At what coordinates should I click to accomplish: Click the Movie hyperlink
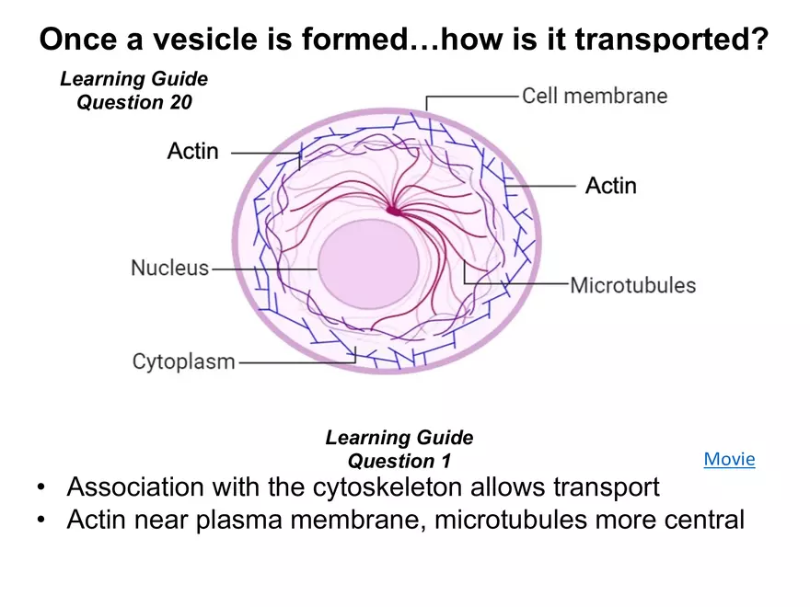tap(729, 459)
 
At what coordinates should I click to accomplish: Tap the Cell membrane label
tap(595, 96)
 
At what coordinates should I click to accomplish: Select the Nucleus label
tap(170, 269)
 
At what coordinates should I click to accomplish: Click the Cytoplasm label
tap(184, 361)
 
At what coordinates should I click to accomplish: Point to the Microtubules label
tap(633, 285)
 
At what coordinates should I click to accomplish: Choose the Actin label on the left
tap(193, 151)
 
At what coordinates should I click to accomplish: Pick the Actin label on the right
tap(611, 186)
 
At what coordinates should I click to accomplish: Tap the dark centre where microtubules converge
tap(394, 212)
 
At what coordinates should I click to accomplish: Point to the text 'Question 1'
tap(399, 461)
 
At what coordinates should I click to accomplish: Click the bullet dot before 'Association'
tap(41, 487)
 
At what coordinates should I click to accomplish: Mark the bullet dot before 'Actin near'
tap(41, 521)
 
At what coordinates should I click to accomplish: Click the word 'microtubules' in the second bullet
tap(511, 520)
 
